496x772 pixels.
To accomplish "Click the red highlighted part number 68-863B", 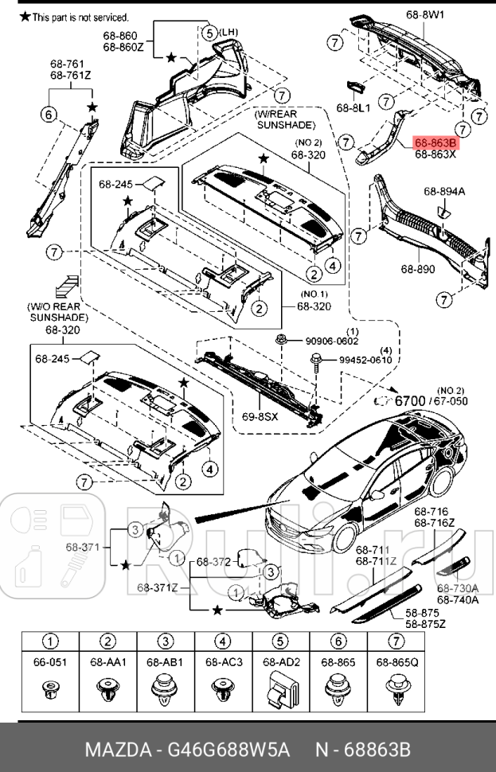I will [x=435, y=143].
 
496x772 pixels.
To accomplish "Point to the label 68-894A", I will [x=443, y=191].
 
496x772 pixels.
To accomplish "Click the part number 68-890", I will [x=418, y=269].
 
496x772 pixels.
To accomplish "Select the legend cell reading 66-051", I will [x=50, y=661].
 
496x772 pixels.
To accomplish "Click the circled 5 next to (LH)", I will [x=208, y=33].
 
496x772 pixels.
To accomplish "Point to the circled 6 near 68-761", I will [x=49, y=116].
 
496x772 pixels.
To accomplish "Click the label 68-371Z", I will [x=157, y=588].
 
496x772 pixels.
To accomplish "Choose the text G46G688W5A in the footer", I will [x=224, y=750].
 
